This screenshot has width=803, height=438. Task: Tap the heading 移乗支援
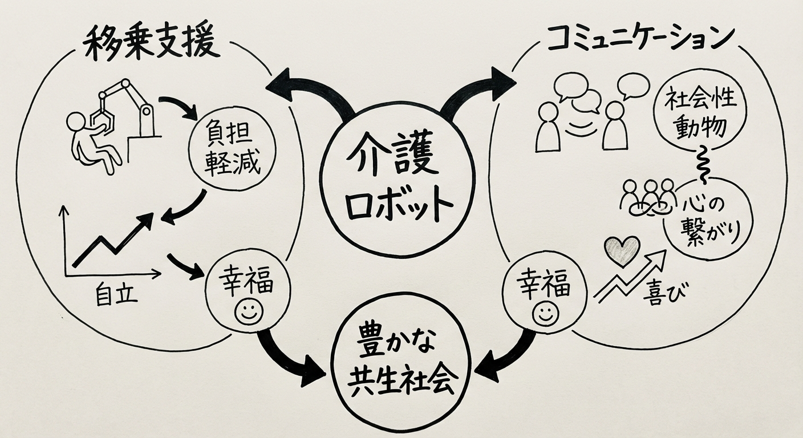pyautogui.click(x=152, y=44)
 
